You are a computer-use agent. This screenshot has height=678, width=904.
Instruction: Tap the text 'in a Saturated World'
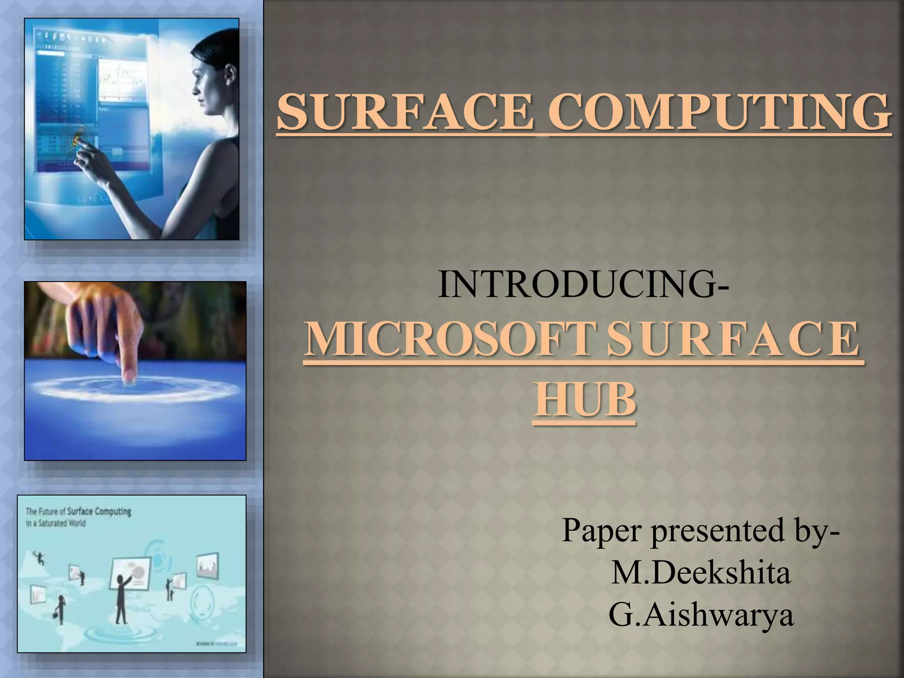56,524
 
